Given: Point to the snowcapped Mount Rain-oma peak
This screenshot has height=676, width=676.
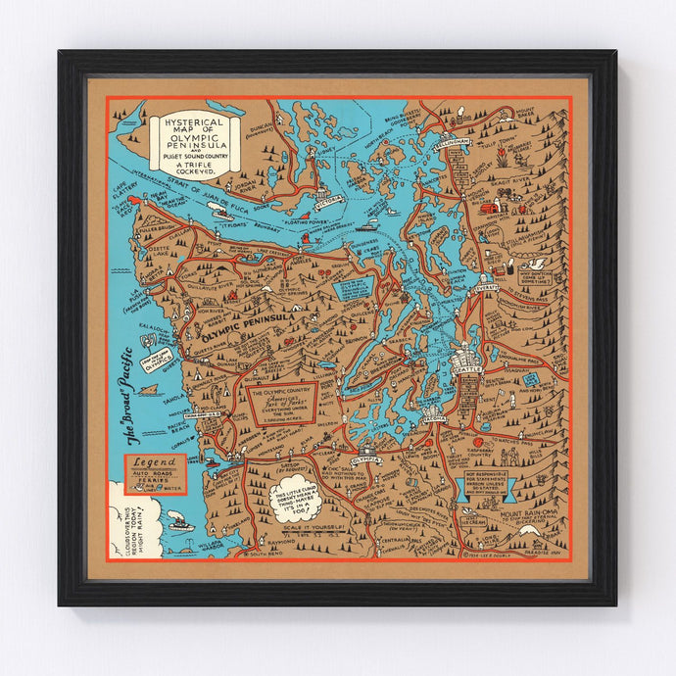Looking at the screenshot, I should tap(529, 530).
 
